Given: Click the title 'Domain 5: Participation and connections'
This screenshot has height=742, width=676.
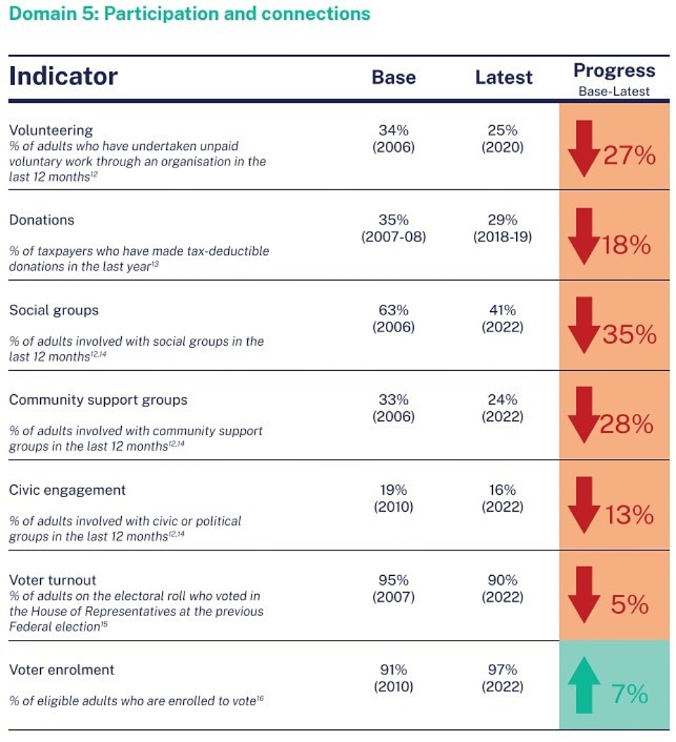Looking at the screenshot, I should click(x=189, y=13).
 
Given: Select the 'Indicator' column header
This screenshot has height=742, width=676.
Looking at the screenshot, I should click(x=63, y=76).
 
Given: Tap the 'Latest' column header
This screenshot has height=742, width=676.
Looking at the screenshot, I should click(x=503, y=77).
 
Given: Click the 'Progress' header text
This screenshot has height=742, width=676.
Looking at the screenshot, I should click(x=614, y=71).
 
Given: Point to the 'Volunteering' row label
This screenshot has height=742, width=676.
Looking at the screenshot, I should click(x=51, y=130).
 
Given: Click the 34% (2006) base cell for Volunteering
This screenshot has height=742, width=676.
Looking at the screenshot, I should click(x=394, y=139).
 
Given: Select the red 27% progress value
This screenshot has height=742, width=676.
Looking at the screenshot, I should click(x=629, y=156).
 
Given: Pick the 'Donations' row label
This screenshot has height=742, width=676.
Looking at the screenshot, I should click(x=42, y=220).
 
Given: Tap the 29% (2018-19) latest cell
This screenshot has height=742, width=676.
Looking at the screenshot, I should click(x=503, y=229).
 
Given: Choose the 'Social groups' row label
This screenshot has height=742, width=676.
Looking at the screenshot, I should click(x=54, y=310).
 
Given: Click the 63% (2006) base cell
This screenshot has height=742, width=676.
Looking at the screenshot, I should click(x=394, y=318).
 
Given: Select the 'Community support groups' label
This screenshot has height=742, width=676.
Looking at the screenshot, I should click(x=98, y=400).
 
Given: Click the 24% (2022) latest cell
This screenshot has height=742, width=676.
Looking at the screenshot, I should click(x=503, y=408).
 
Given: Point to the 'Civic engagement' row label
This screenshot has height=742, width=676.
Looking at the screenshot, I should click(x=67, y=490).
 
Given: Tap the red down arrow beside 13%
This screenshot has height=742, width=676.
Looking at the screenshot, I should click(x=584, y=505).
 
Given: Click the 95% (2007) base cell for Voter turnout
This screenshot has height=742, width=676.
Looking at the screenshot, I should click(x=394, y=589).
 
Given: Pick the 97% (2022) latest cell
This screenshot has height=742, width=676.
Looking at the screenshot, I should click(x=503, y=678).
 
